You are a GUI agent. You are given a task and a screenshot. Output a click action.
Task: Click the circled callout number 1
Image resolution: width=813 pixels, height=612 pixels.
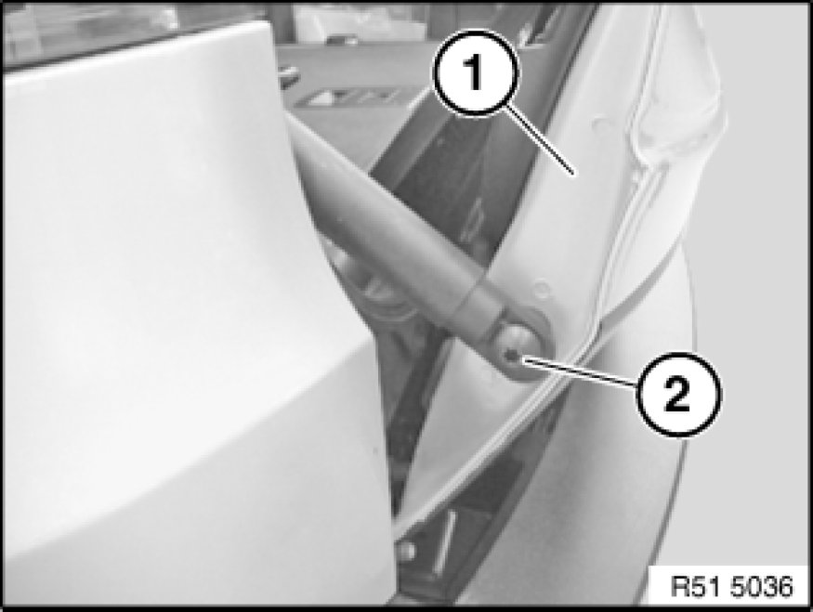click(476, 72)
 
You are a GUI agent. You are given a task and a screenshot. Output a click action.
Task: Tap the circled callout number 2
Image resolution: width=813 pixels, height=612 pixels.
click(678, 394)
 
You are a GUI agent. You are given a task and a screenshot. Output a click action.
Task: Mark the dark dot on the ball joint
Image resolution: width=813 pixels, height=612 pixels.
click(512, 356)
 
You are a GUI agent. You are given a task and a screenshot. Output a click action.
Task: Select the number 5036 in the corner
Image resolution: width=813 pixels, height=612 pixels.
click(762, 587)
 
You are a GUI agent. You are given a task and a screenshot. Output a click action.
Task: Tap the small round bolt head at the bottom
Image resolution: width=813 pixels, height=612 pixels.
click(406, 551)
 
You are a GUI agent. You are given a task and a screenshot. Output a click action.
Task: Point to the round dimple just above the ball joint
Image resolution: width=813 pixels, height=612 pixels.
click(541, 289)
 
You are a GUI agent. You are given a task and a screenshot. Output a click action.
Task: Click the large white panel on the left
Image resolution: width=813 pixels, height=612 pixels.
click(181, 311)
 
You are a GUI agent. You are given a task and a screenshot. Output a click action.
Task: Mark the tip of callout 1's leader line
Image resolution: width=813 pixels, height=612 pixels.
click(573, 173)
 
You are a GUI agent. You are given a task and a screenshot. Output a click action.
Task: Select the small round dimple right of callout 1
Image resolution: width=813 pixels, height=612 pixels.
click(601, 124)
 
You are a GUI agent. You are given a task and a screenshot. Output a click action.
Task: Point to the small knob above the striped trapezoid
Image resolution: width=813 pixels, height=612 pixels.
click(288, 72)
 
